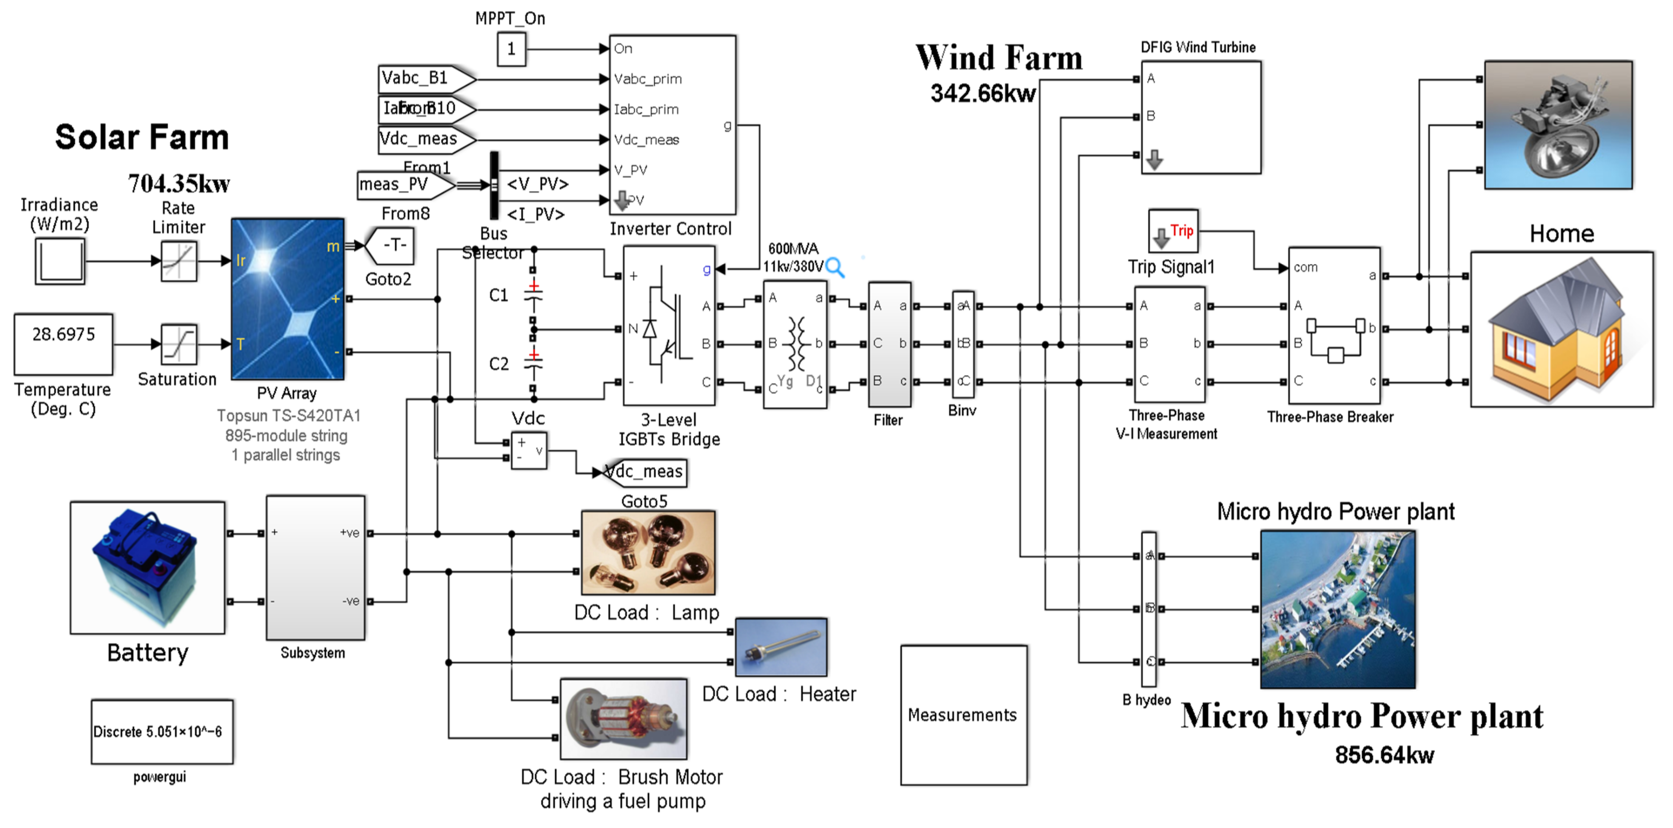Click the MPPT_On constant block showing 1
(x=511, y=49)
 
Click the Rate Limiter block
(x=179, y=261)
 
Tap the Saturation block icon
(x=179, y=344)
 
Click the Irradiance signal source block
(x=60, y=261)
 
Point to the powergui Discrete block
(x=162, y=732)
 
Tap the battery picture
(x=148, y=567)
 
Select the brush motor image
(x=624, y=719)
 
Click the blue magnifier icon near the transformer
(x=835, y=267)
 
